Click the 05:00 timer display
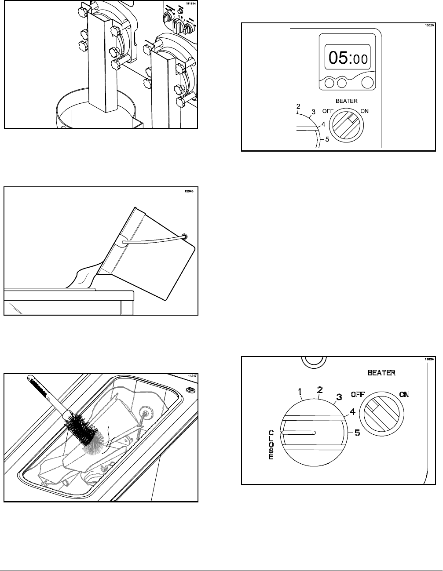point(347,58)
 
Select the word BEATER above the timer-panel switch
point(347,101)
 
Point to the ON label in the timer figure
point(365,111)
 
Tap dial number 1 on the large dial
point(300,391)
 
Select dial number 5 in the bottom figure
point(357,433)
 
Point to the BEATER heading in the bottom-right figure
point(381,372)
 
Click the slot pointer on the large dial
point(299,433)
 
